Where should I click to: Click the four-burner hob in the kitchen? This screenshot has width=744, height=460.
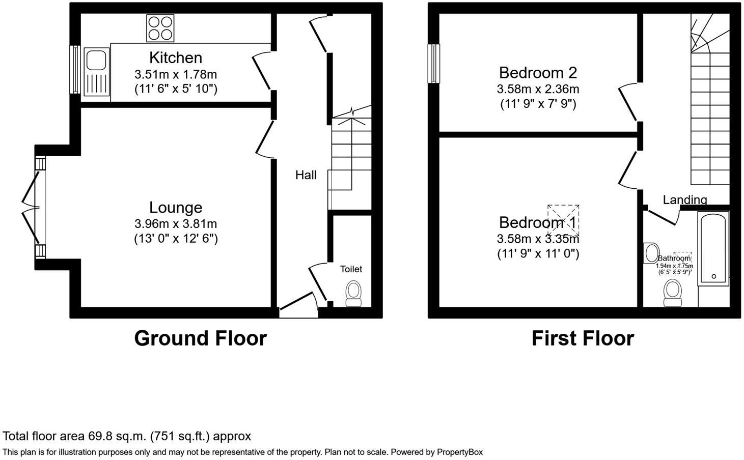click(160, 27)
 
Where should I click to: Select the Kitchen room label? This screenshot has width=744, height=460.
click(175, 57)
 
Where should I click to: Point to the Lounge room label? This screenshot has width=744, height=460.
click(175, 207)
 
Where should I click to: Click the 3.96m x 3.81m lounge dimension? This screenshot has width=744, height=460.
click(175, 223)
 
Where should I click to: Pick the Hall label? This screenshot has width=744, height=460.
click(306, 175)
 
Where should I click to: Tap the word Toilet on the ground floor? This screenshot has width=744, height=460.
click(351, 269)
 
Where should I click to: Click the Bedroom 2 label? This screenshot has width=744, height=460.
click(538, 72)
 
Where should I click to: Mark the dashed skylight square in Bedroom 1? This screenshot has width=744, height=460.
click(563, 220)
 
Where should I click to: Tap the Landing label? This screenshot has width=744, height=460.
click(684, 199)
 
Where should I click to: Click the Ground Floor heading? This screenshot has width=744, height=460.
click(200, 338)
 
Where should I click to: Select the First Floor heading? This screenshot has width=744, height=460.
click(583, 338)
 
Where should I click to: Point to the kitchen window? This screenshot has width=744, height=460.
click(75, 70)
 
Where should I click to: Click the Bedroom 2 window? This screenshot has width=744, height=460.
click(433, 64)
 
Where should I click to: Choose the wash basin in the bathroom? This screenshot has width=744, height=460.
click(651, 253)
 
